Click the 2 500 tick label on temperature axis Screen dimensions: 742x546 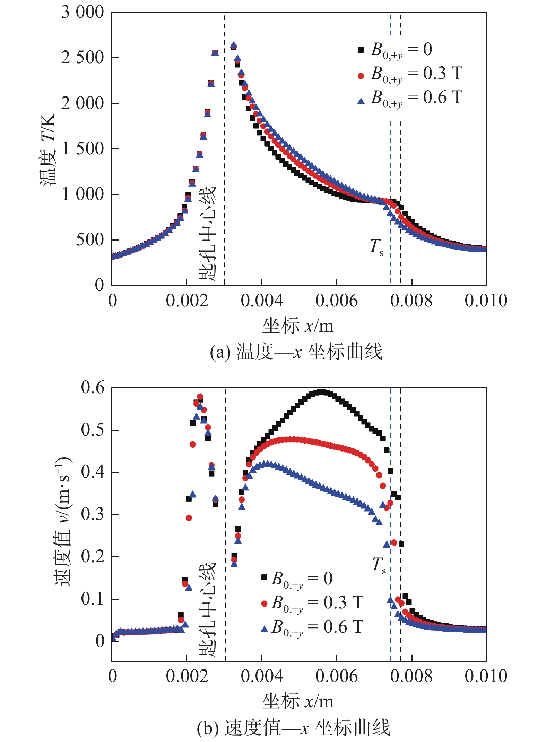coord(83,58)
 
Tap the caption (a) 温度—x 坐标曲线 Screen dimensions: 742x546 coord(296,352)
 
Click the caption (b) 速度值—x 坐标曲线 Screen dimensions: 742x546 coord(294,727)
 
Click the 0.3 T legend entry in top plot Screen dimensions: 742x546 coord(410,74)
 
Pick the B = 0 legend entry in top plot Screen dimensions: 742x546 coord(395,50)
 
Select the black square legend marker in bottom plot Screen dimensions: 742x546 coord(264,577)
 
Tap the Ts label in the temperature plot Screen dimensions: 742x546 coord(376,247)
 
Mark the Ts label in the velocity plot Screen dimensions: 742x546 coord(379,565)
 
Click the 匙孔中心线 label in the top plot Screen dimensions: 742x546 coord(208,233)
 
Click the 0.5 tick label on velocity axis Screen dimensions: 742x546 coord(93,430)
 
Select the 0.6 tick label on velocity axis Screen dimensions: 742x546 coord(93,388)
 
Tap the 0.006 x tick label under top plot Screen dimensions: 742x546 coord(336,301)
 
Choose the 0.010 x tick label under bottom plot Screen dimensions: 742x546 coord(486,676)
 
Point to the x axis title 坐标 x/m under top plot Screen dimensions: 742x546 coord(298,326)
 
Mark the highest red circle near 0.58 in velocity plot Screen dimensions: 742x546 coord(200,397)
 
